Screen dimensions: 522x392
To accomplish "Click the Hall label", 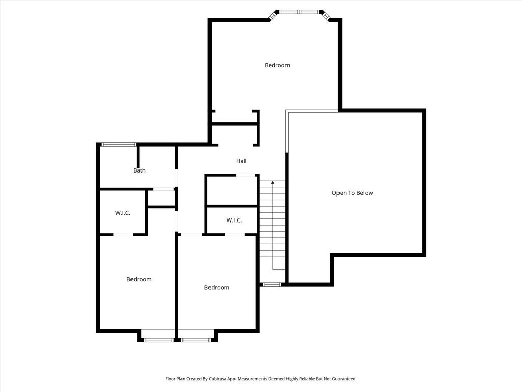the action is coord(241,161).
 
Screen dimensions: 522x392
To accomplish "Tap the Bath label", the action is coord(139,170).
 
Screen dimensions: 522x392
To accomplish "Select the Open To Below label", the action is coord(352,193).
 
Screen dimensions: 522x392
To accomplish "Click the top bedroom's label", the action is coord(277,65).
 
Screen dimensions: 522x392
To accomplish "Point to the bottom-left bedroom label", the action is coord(139,279).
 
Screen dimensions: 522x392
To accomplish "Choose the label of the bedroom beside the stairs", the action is coord(217,288).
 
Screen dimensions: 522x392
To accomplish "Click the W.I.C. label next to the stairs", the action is coord(234,220).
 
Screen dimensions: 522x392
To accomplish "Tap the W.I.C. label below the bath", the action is coord(123,213).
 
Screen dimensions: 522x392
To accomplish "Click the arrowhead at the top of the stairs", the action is coord(273,182).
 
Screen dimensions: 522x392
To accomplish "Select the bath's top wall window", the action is coord(119,144).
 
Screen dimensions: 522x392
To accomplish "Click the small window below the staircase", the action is coord(272,285).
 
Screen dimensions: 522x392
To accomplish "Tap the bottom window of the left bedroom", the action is coord(159,340).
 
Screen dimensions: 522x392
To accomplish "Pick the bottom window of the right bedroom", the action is coord(196,340).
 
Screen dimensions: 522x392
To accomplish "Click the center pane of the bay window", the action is coord(299,12).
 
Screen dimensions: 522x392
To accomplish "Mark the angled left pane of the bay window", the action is coord(274,15).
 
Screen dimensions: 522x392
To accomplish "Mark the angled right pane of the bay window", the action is coord(325,15).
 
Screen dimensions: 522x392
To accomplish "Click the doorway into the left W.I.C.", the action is coord(123,235).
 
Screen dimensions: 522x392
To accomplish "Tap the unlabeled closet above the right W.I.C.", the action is coord(232,190).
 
